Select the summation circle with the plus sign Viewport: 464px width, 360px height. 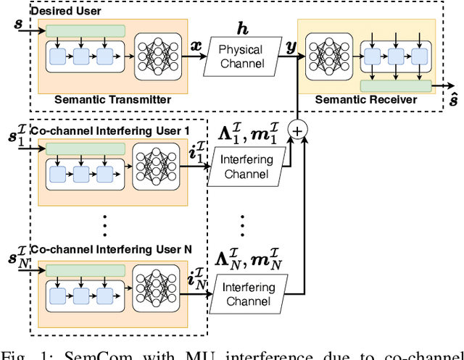[297, 129]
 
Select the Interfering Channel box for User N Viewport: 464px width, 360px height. [248, 293]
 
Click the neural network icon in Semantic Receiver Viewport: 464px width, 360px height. [327, 56]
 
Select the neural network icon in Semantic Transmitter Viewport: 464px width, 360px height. [156, 56]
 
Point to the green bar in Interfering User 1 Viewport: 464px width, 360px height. [85, 149]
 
